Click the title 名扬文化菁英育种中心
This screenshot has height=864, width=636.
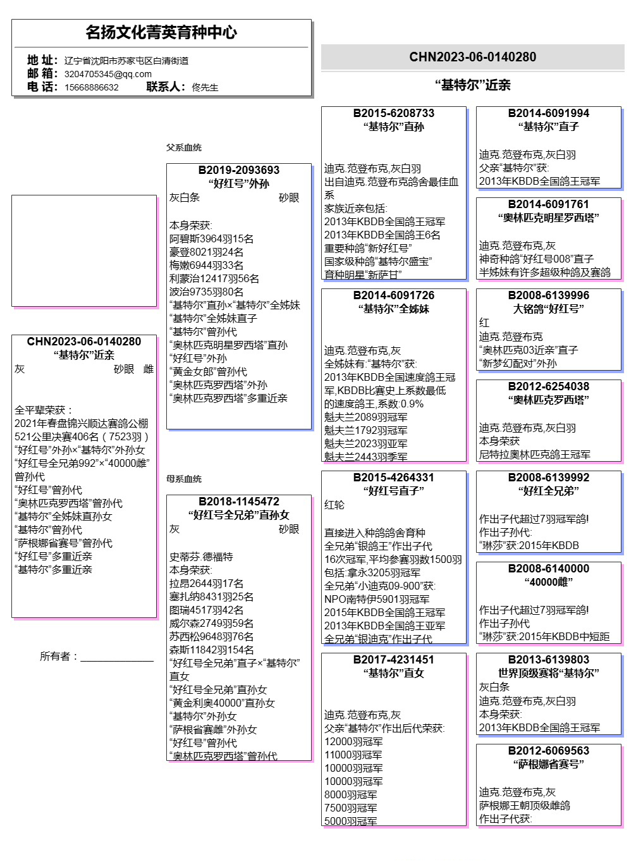click(161, 32)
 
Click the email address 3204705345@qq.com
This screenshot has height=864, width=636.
click(107, 74)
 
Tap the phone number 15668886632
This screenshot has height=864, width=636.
click(91, 87)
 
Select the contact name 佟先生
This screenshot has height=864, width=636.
click(205, 87)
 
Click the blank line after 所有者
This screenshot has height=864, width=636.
click(117, 658)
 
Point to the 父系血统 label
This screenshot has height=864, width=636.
click(184, 147)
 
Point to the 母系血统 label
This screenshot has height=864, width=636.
click(184, 479)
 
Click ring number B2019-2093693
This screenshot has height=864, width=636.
click(238, 170)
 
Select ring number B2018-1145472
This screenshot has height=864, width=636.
click(238, 502)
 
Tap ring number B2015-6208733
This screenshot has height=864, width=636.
click(393, 113)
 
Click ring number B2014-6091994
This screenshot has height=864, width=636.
click(548, 113)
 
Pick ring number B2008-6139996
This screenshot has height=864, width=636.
click(548, 295)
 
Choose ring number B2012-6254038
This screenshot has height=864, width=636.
click(548, 386)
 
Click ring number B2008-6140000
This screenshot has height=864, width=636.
click(548, 569)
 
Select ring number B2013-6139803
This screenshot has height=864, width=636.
click(548, 660)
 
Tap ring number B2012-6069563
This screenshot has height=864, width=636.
click(548, 751)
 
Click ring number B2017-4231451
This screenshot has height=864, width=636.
click(393, 660)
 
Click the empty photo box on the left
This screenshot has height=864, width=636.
click(83, 250)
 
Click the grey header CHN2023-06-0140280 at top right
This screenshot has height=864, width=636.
click(472, 57)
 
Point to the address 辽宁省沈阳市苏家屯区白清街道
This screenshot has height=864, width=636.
click(126, 61)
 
